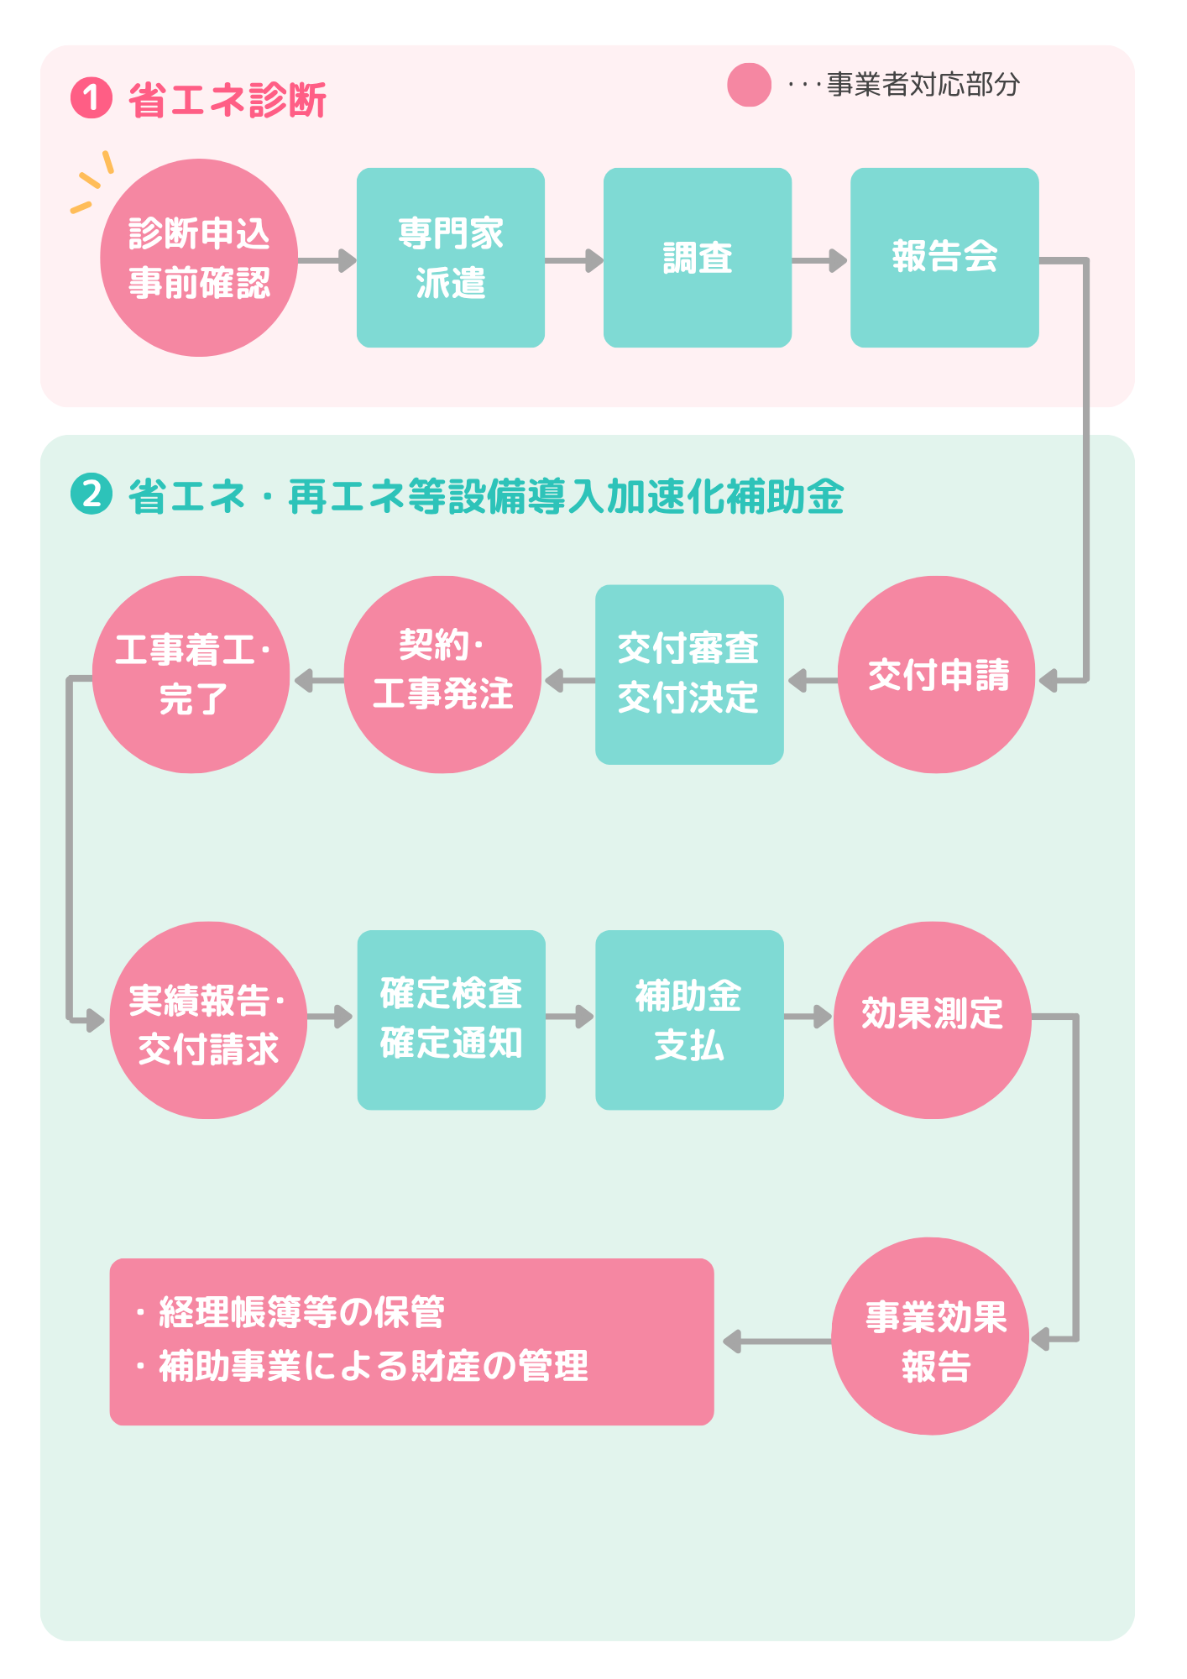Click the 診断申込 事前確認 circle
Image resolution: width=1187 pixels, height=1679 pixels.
pos(199,258)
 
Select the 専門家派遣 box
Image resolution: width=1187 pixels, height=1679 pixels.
pos(451,258)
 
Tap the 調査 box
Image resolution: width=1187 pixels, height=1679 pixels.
pos(698,258)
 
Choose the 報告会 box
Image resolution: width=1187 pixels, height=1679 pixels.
pos(944,258)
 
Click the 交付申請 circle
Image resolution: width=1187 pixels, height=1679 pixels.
pos(937,675)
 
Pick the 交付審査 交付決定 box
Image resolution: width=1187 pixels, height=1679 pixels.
pos(689,675)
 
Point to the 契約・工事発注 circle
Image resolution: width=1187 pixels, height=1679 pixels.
pos(442,675)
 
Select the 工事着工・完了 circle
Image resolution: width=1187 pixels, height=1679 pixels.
pos(191,675)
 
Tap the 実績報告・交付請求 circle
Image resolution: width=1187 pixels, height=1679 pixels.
pos(208,1021)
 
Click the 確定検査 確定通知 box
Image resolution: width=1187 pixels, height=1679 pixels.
pos(451,1020)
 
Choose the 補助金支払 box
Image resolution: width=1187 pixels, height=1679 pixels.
pos(689,1020)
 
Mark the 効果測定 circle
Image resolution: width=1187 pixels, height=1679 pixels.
pos(932,1021)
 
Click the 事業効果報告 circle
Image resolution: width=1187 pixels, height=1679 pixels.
pos(930,1336)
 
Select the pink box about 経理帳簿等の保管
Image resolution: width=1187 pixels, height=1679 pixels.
pos(411,1342)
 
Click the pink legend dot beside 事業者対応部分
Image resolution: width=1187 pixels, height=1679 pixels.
pos(749,85)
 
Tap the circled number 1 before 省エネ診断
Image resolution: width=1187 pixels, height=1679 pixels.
pos(92,98)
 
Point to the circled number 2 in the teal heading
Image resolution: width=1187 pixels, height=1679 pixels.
pos(92,494)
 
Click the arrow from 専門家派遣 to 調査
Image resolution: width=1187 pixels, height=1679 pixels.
pos(574,260)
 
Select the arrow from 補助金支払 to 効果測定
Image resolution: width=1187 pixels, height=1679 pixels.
pos(808,1017)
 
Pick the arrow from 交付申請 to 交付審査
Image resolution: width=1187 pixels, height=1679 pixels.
pos(812,681)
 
